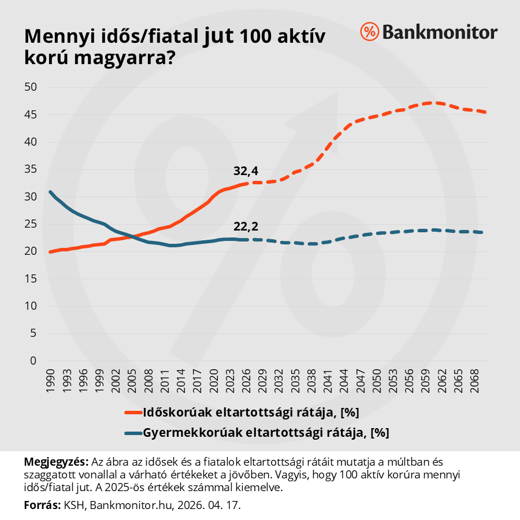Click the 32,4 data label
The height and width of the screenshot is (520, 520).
[x=246, y=171]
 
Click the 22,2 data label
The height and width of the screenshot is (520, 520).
[x=246, y=226]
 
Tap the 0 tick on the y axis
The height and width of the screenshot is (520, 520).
[x=33, y=361]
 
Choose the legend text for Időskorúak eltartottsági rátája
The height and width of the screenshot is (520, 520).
[x=252, y=413]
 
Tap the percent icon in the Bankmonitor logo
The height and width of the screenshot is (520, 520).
[x=369, y=32]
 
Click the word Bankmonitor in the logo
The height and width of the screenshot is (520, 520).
[x=439, y=32]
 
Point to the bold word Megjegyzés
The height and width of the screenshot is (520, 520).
[x=56, y=462]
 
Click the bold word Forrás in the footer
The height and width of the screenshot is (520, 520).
[x=42, y=505]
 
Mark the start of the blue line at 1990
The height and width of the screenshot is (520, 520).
[x=50, y=192]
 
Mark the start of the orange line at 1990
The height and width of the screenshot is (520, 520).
[x=50, y=252]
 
